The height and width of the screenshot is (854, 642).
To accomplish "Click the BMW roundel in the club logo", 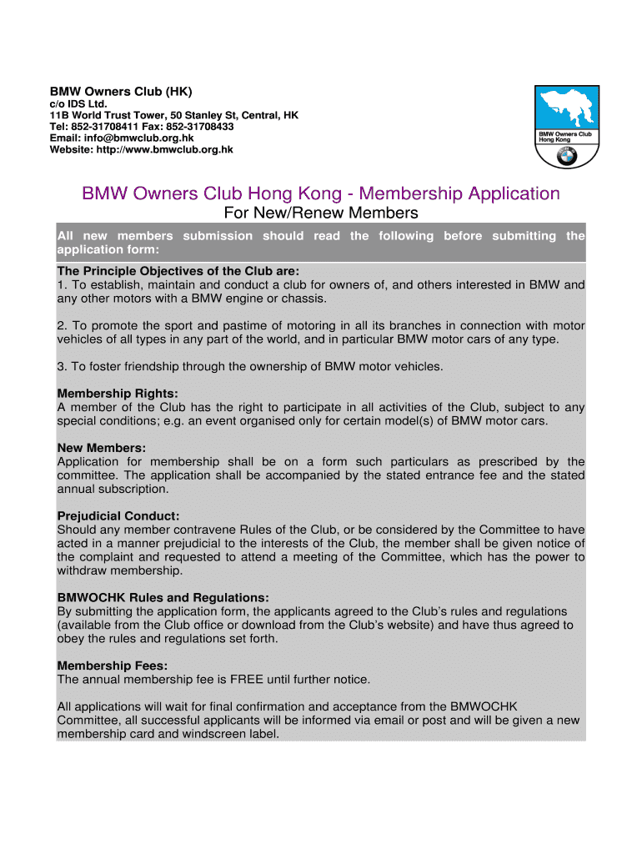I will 568,156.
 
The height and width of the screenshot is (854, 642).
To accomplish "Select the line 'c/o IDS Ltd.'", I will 79,104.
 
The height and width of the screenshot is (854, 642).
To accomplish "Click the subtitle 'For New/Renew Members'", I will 321,213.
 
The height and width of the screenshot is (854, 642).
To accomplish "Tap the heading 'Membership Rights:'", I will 118,393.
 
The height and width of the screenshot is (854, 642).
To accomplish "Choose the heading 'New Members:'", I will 101,448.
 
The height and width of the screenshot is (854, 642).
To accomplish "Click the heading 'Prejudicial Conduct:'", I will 118,515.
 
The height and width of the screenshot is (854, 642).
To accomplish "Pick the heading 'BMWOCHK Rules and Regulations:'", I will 163,597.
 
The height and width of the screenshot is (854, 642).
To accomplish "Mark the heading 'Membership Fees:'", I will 112,666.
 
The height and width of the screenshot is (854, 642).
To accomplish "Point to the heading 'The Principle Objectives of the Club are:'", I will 178,271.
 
